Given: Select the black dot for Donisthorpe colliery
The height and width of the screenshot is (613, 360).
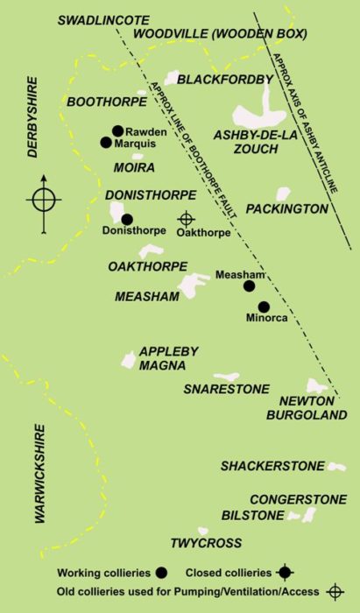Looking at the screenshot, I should click(127, 219).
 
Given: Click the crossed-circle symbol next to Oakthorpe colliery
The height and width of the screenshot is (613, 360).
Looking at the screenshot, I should click(186, 218).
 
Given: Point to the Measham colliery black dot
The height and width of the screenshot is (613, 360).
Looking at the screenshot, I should click(249, 285).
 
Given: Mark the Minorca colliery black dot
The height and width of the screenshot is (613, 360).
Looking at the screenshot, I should click(264, 306).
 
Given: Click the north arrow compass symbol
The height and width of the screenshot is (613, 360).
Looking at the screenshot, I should click(44, 199).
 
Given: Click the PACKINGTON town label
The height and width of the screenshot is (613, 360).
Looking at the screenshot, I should click(287, 209).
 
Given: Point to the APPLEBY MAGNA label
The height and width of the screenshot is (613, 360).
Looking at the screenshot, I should click(169, 358).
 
